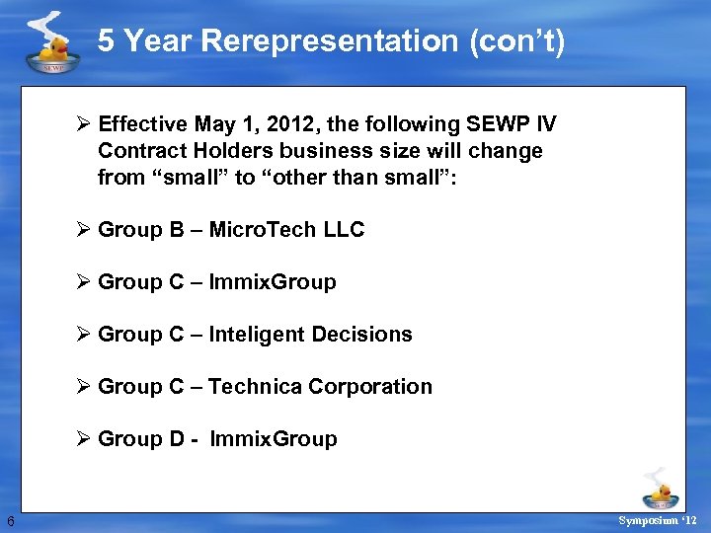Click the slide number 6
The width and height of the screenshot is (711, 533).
(9, 520)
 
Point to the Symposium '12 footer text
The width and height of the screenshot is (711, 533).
(658, 519)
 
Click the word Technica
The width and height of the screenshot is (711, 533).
(255, 387)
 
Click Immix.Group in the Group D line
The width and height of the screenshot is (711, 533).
(274, 439)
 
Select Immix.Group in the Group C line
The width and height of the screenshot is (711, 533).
(273, 282)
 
